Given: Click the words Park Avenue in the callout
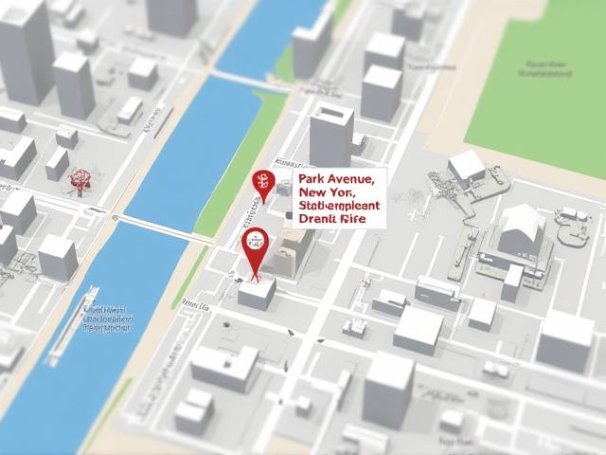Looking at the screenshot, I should [x=336, y=177].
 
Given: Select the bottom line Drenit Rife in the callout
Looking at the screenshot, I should [x=330, y=218].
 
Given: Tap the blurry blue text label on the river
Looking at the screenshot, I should [x=106, y=319].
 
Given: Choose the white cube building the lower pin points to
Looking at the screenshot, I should [x=257, y=290].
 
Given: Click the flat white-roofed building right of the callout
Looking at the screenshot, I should [x=466, y=168].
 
